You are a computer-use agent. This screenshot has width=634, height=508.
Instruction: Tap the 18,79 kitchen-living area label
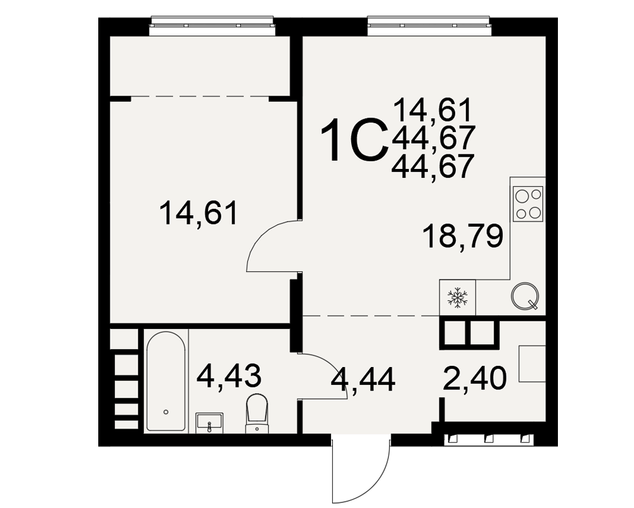click(463, 236)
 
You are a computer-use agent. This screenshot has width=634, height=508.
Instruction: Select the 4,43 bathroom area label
click(229, 375)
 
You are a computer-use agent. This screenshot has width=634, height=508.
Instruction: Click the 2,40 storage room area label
click(474, 378)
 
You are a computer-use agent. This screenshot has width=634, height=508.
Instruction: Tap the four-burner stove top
click(527, 203)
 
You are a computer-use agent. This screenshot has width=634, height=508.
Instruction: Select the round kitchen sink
click(525, 296)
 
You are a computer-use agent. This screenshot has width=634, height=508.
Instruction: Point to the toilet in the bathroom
click(257, 412)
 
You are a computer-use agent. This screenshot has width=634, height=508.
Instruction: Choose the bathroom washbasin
click(209, 423)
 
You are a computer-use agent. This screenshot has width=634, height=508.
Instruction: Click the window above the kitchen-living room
click(429, 26)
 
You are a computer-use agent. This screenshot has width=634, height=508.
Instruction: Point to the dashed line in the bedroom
click(200, 97)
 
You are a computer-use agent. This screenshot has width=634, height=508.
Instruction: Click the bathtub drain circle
click(165, 412)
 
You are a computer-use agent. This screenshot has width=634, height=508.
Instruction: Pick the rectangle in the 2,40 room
click(532, 363)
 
